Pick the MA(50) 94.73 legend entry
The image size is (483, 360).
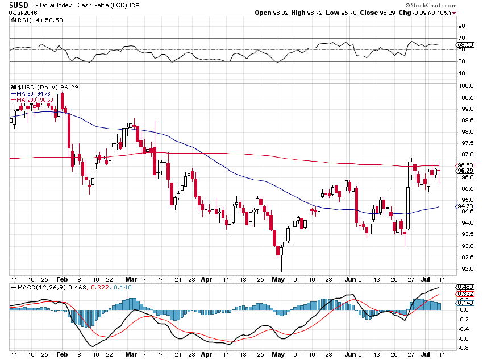coord(31,94)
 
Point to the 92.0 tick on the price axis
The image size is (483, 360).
coord(464,269)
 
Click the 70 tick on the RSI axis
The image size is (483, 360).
coord(462,38)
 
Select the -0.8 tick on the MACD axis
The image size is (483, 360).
coord(464,348)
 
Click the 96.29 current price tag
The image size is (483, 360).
coord(465,171)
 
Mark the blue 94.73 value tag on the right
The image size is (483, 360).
coord(465,206)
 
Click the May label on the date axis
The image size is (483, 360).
coord(277,279)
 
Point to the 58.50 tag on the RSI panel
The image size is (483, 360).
coord(465,44)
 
